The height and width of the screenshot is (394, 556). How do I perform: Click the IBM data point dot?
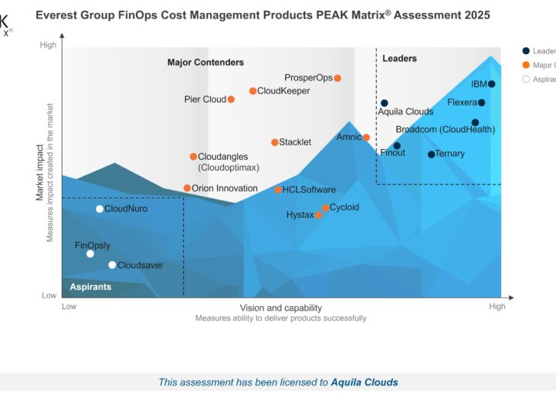[492, 84]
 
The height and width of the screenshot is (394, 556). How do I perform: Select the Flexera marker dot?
[482, 103]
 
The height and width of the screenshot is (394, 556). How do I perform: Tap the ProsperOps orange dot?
[337, 78]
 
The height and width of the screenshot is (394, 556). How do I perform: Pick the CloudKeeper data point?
[253, 91]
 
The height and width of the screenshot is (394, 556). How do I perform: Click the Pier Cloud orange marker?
[231, 100]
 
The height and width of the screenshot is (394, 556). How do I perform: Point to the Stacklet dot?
[275, 142]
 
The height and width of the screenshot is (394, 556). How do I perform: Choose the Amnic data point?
[367, 138]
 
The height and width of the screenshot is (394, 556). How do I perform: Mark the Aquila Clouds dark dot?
[385, 103]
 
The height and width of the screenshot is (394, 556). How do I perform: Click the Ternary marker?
[432, 155]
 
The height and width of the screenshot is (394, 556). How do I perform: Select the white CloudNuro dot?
[100, 209]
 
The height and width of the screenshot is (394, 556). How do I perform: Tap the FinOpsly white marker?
[90, 254]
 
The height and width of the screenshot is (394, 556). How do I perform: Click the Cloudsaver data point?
[112, 266]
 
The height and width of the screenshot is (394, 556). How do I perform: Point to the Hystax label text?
[300, 215]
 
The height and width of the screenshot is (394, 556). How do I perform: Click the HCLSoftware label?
[309, 190]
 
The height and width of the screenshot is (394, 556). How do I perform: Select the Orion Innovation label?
[225, 189]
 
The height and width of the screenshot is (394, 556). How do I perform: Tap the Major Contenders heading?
[205, 63]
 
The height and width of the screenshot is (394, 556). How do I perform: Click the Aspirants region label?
[90, 287]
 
